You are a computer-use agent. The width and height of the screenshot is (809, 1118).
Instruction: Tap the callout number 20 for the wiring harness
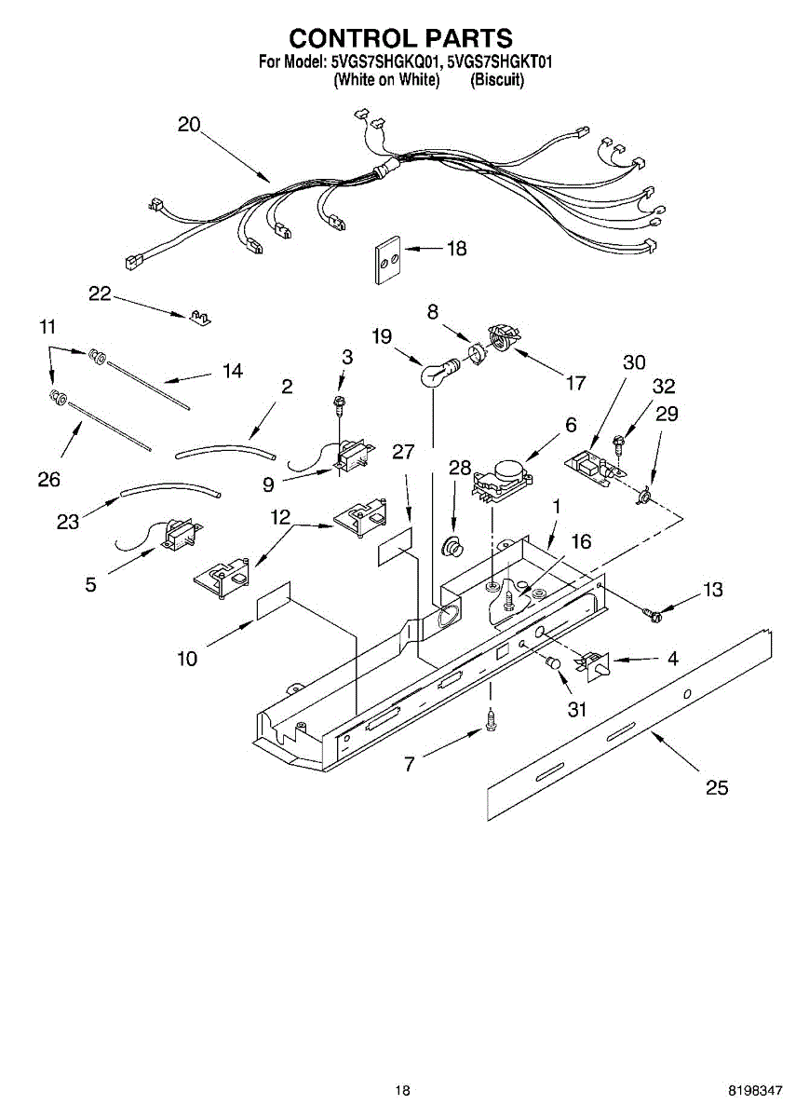(189, 125)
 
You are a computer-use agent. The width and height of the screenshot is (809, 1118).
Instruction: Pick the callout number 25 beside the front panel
(716, 788)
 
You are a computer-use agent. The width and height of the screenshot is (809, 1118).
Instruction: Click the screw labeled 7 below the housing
(491, 718)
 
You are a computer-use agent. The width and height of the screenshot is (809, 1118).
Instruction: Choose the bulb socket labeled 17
(503, 337)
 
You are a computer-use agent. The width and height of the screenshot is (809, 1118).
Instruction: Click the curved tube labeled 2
(226, 453)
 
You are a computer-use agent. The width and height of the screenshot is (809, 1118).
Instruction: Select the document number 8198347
(755, 1090)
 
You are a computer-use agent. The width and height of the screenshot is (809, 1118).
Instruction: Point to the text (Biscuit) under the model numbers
(497, 80)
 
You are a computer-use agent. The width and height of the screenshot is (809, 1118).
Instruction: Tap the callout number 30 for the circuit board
(634, 362)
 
